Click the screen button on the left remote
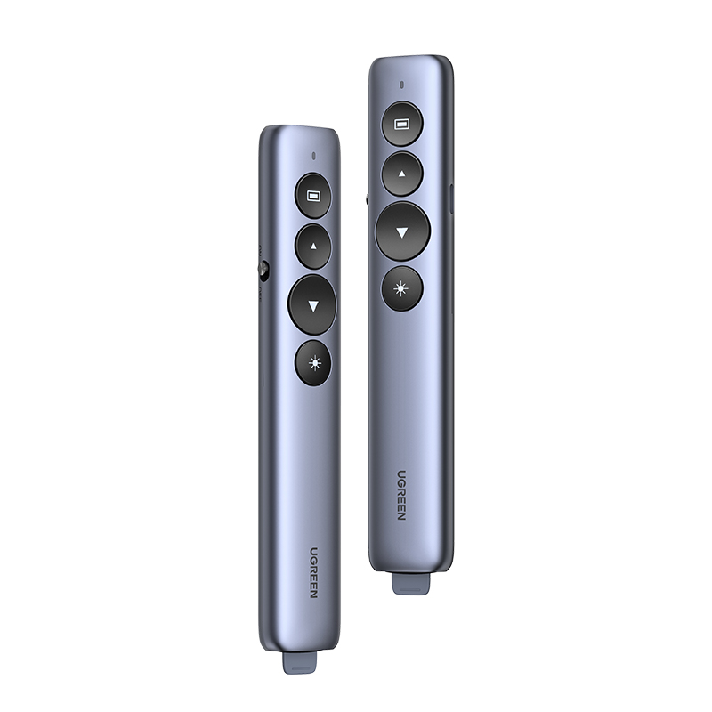pos(313,196)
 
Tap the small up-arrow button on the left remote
pos(313,247)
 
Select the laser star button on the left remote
pos(313,363)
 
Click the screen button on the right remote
pos(402,124)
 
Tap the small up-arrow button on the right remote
pos(402,174)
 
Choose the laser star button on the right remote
pos(402,288)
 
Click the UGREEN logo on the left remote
pos(314,572)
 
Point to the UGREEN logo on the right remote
pos(402,495)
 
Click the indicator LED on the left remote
pos(314,157)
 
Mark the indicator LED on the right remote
pos(402,85)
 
